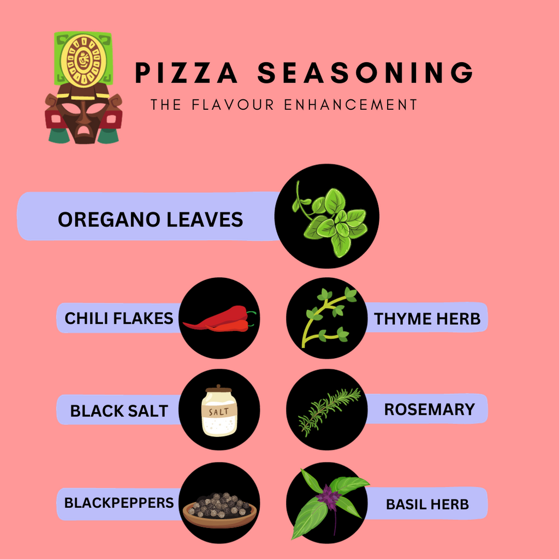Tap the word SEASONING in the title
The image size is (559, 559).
pyautogui.click(x=365, y=73)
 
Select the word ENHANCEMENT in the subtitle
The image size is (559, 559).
pyautogui.click(x=350, y=104)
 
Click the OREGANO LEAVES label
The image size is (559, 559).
pyautogui.click(x=150, y=219)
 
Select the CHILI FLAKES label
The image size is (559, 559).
pyautogui.click(x=118, y=318)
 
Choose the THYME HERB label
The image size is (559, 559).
pyautogui.click(x=427, y=319)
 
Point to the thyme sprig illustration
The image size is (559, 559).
pyautogui.click(x=326, y=318)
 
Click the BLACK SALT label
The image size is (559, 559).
pyautogui.click(x=119, y=411)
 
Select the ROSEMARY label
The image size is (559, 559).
pyautogui.click(x=429, y=409)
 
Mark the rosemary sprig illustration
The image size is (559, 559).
pyautogui.click(x=329, y=411)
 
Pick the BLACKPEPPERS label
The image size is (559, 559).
pyautogui.click(x=119, y=503)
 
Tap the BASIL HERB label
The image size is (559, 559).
pyautogui.click(x=427, y=504)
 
